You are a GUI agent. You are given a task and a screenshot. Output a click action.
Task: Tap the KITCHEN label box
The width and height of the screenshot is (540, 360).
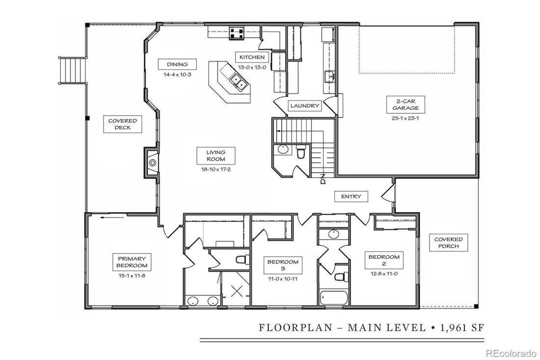252,57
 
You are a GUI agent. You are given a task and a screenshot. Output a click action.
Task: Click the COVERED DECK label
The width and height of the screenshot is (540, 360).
123,125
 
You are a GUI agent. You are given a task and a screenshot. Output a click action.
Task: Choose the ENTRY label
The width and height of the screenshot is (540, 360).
351,196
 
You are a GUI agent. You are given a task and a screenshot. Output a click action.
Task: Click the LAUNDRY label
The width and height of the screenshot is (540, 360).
305,106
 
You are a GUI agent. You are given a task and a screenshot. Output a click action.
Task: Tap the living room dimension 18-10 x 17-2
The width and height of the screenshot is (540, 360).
216,169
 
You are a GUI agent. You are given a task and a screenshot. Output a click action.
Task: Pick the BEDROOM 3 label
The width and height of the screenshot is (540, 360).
283,265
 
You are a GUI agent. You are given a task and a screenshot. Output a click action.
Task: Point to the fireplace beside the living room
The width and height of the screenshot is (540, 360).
152,162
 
